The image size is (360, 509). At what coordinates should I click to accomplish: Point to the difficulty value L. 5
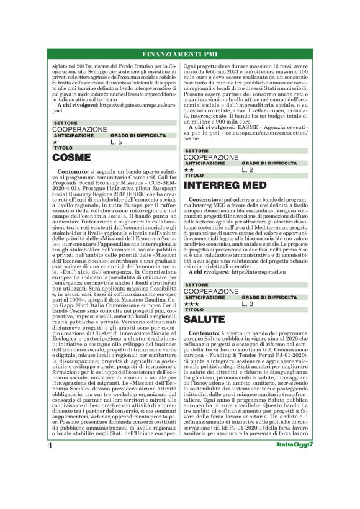point(117,142)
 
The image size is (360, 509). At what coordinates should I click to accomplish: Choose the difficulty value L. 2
point(247,169)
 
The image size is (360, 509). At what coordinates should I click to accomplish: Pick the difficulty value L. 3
point(247,304)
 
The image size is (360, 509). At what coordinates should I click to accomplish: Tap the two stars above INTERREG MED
point(189,169)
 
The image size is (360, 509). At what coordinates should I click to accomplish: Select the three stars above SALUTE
point(191,304)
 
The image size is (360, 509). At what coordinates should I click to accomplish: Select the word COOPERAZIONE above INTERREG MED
point(211,157)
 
